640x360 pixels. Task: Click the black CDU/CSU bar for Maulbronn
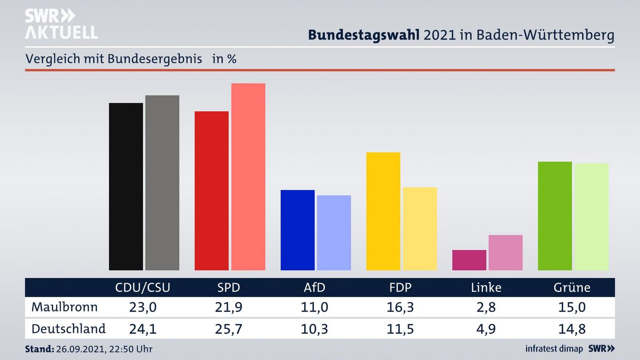126,187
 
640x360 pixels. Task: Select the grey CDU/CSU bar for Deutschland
162,183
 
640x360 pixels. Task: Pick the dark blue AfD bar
297,230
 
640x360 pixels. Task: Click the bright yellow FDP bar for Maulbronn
383,211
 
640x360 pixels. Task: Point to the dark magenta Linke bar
469,260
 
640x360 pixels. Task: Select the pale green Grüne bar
592,216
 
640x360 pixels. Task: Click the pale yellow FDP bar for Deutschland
420,228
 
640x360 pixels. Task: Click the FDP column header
400,288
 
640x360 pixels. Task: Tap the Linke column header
486,288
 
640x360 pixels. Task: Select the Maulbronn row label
64,307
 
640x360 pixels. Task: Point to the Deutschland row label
68,329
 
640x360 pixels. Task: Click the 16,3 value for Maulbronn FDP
400,307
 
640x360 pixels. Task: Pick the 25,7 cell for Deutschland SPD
228,329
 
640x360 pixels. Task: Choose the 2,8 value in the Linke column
486,307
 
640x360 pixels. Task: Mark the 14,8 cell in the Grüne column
572,329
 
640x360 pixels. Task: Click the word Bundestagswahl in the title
364,35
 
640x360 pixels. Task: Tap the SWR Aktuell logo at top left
61,24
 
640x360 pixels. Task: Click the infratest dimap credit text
554,349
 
